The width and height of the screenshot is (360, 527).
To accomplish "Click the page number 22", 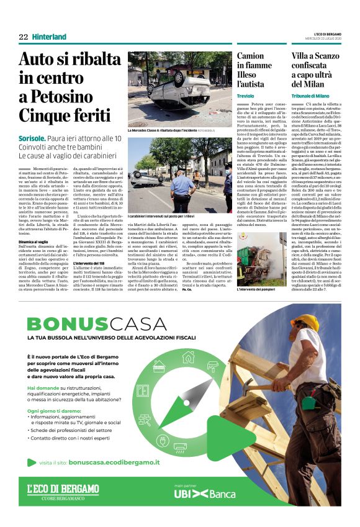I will coord(23,37).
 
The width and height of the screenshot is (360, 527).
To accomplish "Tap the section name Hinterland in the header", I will coord(49,37).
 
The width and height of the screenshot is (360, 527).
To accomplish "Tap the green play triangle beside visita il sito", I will coord(32,462).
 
